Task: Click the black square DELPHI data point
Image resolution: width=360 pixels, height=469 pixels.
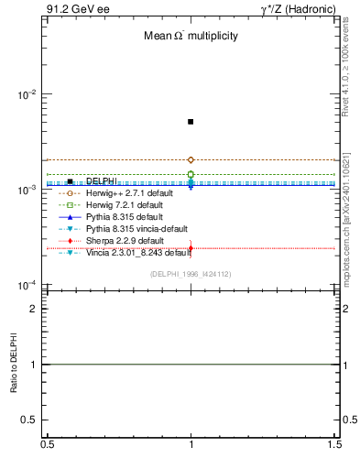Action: (191, 122)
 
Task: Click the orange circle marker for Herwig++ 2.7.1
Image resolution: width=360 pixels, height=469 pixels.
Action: (191, 160)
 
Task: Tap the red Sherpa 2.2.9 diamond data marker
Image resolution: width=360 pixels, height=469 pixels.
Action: (191, 247)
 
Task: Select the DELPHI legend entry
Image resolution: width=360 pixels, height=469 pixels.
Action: (101, 181)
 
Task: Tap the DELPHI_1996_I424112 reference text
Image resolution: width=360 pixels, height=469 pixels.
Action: (190, 274)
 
